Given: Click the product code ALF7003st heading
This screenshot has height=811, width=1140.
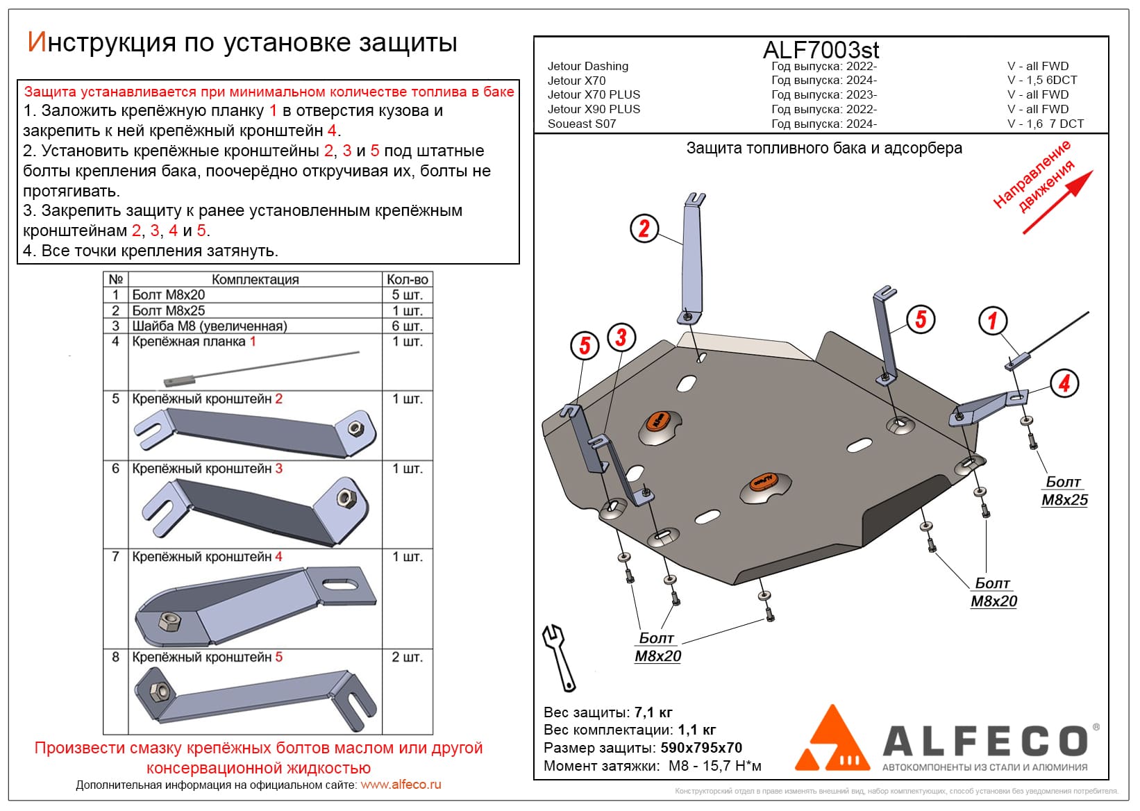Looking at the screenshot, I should coord(821,50).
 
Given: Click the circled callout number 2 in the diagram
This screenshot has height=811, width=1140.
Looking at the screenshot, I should coord(644,228).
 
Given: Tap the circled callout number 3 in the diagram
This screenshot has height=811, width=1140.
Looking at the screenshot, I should coord(621,338).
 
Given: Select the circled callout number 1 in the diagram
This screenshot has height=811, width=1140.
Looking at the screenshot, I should coord(992,321).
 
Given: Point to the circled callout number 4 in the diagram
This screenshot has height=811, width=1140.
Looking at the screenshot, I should coord(1064,383).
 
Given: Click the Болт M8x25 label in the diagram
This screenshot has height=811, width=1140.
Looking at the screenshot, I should coord(1064,491).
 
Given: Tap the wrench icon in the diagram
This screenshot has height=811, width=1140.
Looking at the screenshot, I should coord(559,656).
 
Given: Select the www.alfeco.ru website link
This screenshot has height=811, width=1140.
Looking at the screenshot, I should coord(401,785).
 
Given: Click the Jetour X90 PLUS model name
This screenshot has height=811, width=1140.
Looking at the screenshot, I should coord(594,109).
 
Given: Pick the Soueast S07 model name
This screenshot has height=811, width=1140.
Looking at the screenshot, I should coord(582,124).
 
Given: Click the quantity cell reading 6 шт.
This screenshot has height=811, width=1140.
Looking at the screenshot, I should coord(407,326).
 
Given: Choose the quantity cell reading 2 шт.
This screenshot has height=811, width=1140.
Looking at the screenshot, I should coord(407,657).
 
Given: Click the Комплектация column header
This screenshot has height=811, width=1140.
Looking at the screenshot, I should coord(255,279).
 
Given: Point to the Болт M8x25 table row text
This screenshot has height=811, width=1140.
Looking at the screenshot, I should coord(169,310).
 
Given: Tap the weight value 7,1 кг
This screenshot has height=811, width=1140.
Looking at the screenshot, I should coord(653,712).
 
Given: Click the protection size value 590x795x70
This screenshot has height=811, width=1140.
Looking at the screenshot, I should coord(701,748).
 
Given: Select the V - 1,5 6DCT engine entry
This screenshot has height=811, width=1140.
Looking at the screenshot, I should coord(1042,81).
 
